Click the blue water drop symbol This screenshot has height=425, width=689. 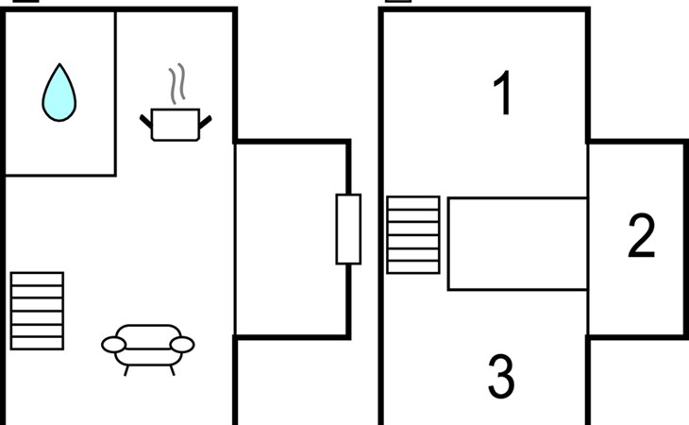click(59, 93)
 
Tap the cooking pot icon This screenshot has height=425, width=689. click(176, 125)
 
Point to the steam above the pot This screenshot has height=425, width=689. click(177, 83)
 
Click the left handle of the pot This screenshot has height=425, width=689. click(146, 121)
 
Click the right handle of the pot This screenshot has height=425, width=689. click(205, 122)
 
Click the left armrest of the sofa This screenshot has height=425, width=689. click(113, 345)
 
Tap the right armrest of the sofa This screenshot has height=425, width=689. click(182, 345)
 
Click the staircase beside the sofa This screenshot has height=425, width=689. click(38, 311)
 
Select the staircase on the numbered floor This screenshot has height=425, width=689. click(413, 235)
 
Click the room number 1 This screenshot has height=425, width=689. click(503, 93)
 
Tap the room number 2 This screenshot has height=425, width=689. click(642, 235)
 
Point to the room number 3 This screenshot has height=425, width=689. click(501, 377)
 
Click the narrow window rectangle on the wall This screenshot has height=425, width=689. click(348, 229)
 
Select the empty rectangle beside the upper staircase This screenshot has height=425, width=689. click(517, 244)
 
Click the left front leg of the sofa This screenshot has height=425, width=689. click(126, 370)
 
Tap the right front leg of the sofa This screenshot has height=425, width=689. click(172, 370)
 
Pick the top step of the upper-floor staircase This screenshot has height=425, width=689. click(413, 203)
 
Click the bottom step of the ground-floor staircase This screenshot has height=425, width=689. click(38, 343)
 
